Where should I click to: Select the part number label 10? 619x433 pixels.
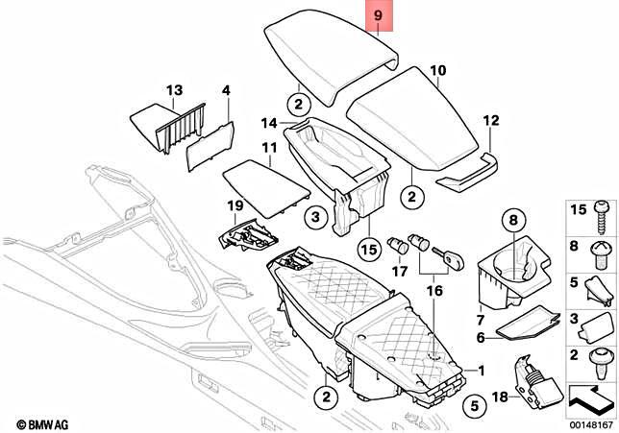coord(437,70)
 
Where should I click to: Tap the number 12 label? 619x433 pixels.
coord(491,121)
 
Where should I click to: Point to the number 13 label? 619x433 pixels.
coord(173,91)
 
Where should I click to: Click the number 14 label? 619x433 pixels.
coord(268,123)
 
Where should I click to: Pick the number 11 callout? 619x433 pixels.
coord(269,148)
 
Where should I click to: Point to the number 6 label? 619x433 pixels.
coord(481,337)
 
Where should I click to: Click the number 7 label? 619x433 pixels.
coord(480,318)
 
